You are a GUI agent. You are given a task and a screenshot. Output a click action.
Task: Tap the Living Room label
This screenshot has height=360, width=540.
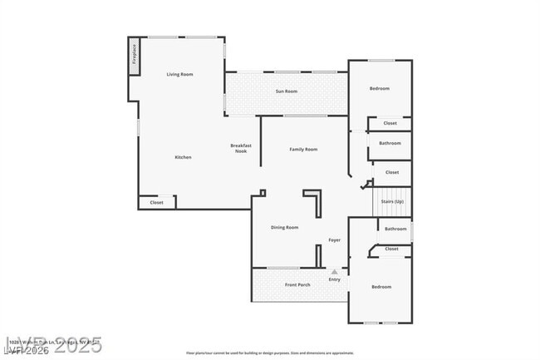tap(179, 75)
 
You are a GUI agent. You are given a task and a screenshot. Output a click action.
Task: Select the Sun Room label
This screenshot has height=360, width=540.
tap(287, 91)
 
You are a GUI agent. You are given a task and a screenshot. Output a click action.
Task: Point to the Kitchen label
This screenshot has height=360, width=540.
tap(183, 157)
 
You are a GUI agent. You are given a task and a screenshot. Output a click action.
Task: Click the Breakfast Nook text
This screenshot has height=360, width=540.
tap(241, 149)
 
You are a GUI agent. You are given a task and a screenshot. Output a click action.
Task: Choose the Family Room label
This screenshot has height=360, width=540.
tap(303, 150)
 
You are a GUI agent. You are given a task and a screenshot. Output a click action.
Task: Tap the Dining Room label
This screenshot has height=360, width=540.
tap(284, 227)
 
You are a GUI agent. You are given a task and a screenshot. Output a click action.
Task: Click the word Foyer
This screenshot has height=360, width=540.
tap(334, 240)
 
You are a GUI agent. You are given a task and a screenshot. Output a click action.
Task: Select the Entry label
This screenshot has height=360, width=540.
tap(334, 279)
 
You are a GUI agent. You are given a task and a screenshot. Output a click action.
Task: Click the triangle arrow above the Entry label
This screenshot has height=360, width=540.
tap(334, 271)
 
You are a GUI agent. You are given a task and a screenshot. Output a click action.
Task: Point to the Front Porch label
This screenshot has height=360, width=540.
tap(297, 285)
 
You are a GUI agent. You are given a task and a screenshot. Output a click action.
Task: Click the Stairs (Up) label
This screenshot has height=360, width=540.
tap(392, 202)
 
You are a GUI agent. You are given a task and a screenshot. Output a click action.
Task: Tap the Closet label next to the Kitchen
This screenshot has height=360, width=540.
tap(156, 203)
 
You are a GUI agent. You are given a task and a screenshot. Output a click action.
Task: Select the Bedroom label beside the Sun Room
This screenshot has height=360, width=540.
tap(379, 88)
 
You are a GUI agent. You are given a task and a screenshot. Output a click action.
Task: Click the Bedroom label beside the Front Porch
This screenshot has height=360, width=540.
tap(380, 287)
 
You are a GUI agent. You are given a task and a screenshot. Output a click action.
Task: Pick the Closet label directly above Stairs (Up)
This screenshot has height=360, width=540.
tap(391, 173)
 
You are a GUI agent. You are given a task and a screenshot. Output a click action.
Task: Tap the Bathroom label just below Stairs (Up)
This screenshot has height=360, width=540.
tap(395, 229)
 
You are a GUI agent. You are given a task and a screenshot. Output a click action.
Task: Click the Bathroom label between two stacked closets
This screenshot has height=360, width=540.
tap(390, 143)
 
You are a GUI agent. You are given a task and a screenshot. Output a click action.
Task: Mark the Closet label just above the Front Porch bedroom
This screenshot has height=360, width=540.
tap(391, 249)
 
